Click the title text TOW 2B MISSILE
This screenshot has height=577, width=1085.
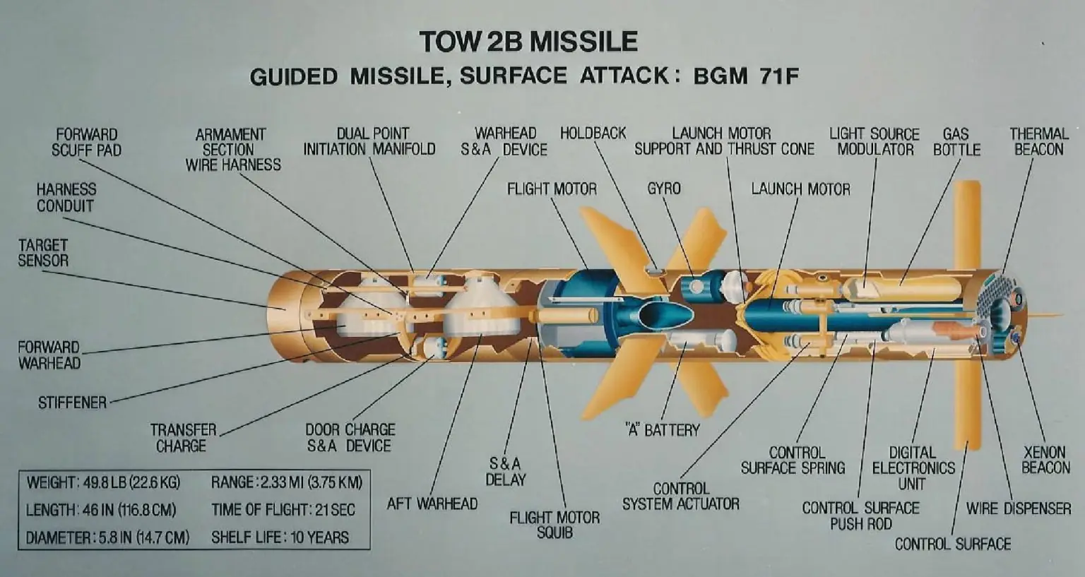tap(528, 42)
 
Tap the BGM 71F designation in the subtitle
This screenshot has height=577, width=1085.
tap(746, 76)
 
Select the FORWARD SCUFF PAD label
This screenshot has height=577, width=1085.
tap(87, 142)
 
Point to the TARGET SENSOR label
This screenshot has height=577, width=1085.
tap(43, 253)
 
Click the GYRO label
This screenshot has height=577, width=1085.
tap(664, 189)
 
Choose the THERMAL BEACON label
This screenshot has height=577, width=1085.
tap(1039, 141)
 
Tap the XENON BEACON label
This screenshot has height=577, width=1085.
tap(1045, 460)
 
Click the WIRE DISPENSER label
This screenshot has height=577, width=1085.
tap(1018, 508)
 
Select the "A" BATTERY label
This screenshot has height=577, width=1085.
tap(662, 429)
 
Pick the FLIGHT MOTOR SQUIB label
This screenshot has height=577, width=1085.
tap(555, 525)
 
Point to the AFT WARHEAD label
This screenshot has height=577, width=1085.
tap(432, 504)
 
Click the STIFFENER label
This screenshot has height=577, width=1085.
tap(73, 403)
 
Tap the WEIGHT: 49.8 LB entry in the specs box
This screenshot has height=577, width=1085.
tap(103, 482)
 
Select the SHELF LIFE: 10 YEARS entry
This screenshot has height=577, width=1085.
tap(280, 537)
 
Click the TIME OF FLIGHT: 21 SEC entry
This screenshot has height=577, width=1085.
tap(283, 510)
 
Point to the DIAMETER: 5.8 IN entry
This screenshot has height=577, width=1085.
tap(107, 537)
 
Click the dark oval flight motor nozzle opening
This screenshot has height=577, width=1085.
tap(666, 316)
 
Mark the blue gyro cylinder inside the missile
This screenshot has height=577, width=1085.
tap(701, 287)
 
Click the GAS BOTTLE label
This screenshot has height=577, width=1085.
tap(956, 142)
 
